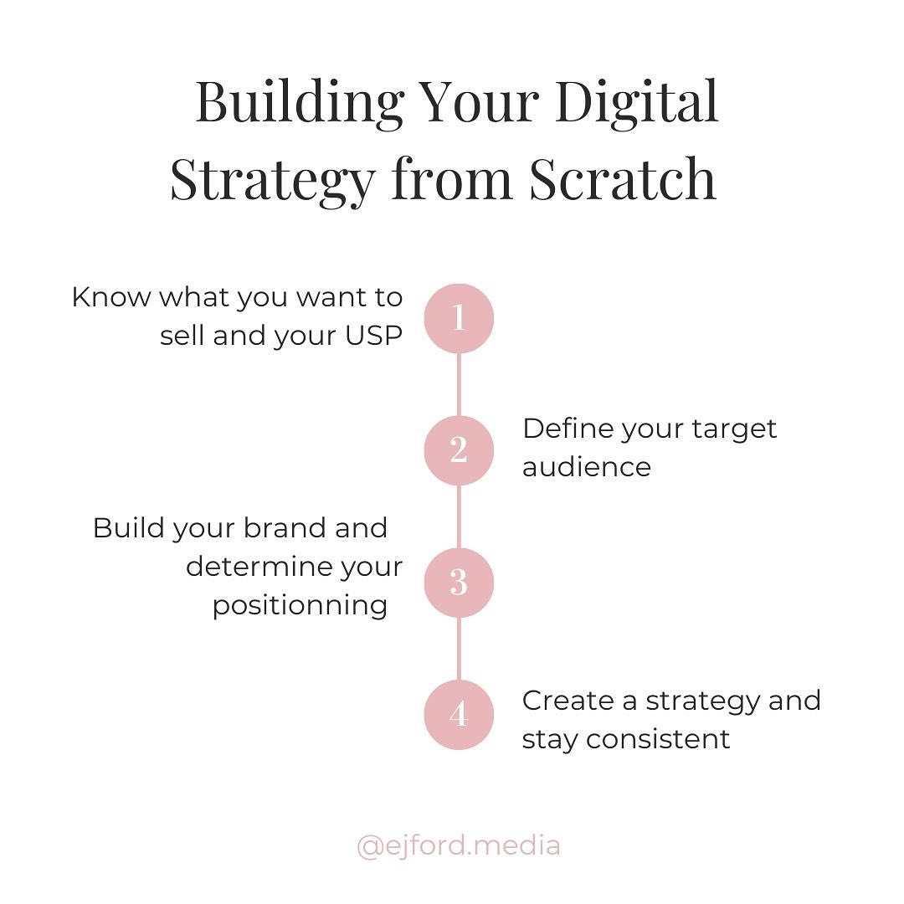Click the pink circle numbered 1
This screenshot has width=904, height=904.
459,318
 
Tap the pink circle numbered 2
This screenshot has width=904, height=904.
459,450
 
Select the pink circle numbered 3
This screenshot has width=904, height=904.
459,583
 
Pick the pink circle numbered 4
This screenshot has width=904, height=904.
459,714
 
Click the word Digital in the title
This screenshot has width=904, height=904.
636,104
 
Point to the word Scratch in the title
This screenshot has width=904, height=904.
623,179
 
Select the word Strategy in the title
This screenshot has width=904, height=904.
273,181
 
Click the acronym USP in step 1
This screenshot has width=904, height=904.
373,336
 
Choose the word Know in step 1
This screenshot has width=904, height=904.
110,298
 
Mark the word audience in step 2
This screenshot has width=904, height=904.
586,467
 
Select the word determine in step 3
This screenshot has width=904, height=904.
259,568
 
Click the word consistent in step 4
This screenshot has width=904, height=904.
658,740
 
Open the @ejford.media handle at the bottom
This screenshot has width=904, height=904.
459,846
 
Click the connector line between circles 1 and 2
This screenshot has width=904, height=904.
459,384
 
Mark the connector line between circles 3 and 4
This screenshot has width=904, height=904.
459,649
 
